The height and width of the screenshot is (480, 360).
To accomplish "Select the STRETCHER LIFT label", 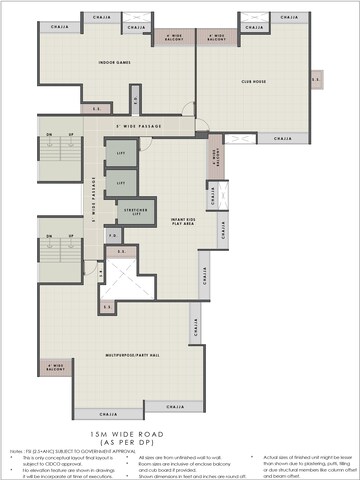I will [132, 212].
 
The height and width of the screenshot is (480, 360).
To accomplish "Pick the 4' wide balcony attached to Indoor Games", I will [176, 38].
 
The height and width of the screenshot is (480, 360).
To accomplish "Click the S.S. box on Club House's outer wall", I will [316, 78].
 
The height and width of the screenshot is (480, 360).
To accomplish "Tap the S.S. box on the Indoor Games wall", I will [98, 107].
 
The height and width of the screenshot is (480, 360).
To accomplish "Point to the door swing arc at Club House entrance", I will [202, 127].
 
